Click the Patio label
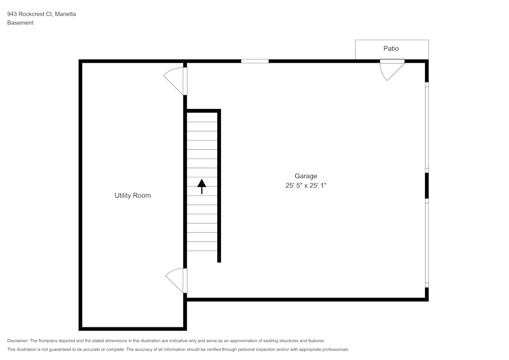[391, 49]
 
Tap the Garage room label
[305, 176]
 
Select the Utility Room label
[132, 196]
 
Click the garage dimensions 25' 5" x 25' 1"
[305, 186]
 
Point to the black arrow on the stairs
[202, 186]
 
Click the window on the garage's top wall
[254, 61]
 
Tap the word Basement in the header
[20, 23]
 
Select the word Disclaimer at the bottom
[18, 341]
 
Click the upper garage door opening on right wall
[427, 127]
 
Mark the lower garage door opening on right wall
[427, 242]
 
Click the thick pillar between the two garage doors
[427, 185]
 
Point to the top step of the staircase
[202, 117]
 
